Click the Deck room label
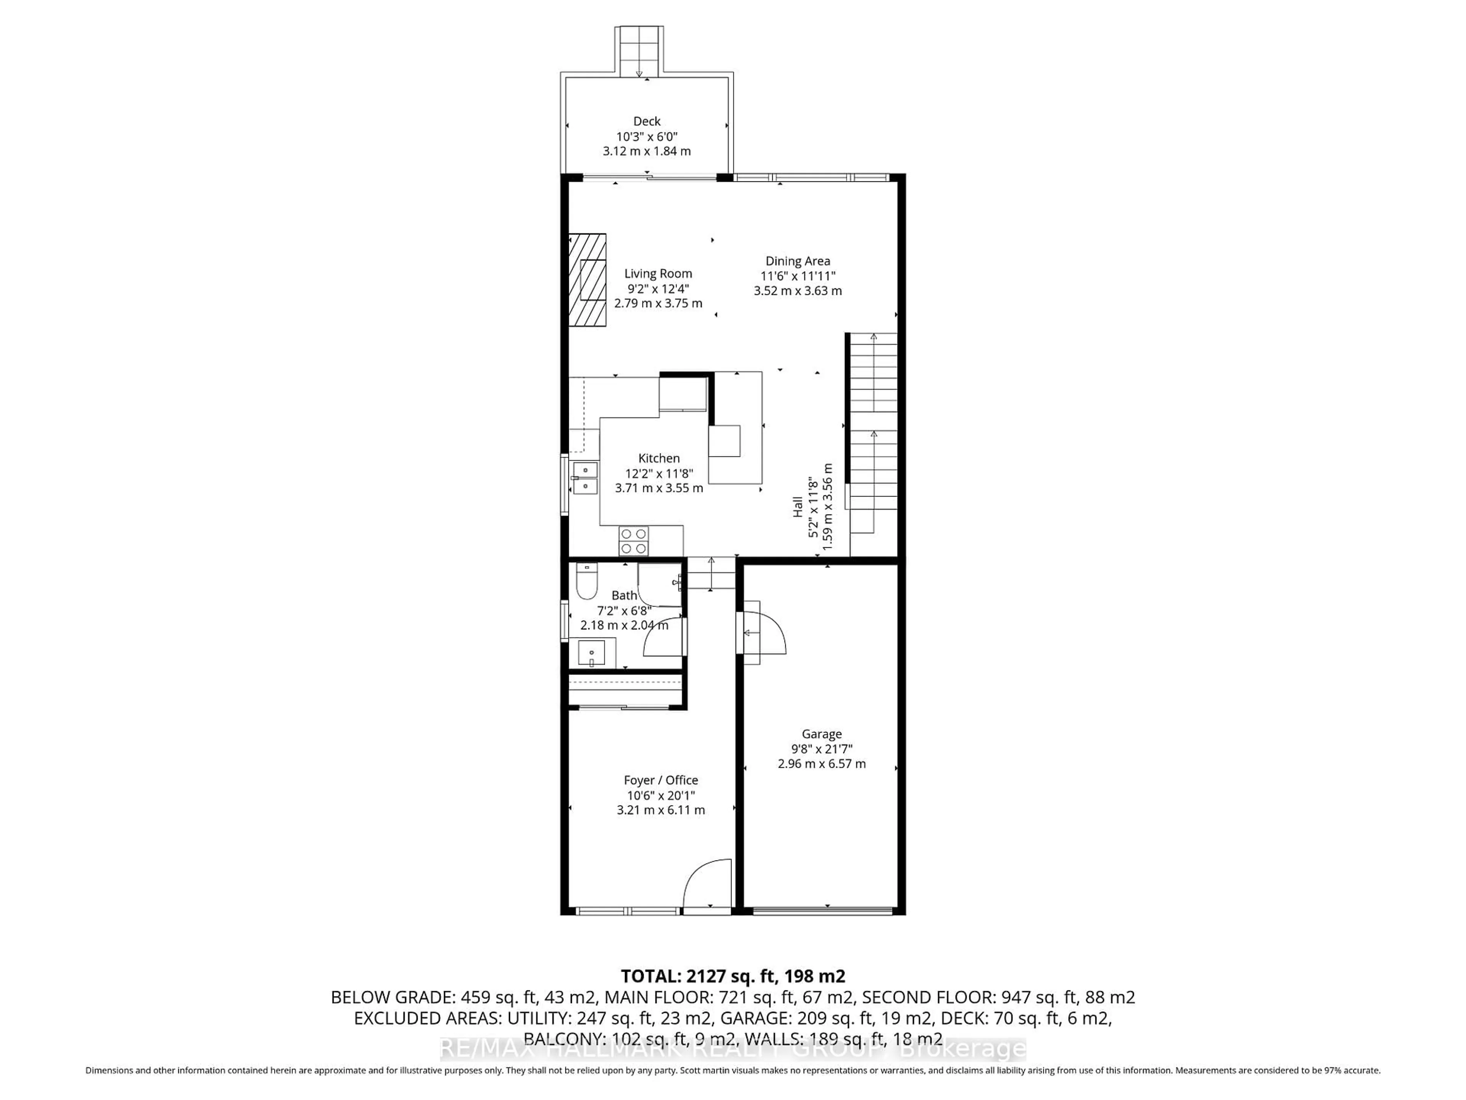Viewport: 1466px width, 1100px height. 646,121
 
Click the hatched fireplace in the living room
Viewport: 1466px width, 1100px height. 588,280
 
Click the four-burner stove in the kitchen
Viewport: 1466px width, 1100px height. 634,540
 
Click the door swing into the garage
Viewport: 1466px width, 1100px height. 764,633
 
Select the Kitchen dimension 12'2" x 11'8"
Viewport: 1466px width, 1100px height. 659,473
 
